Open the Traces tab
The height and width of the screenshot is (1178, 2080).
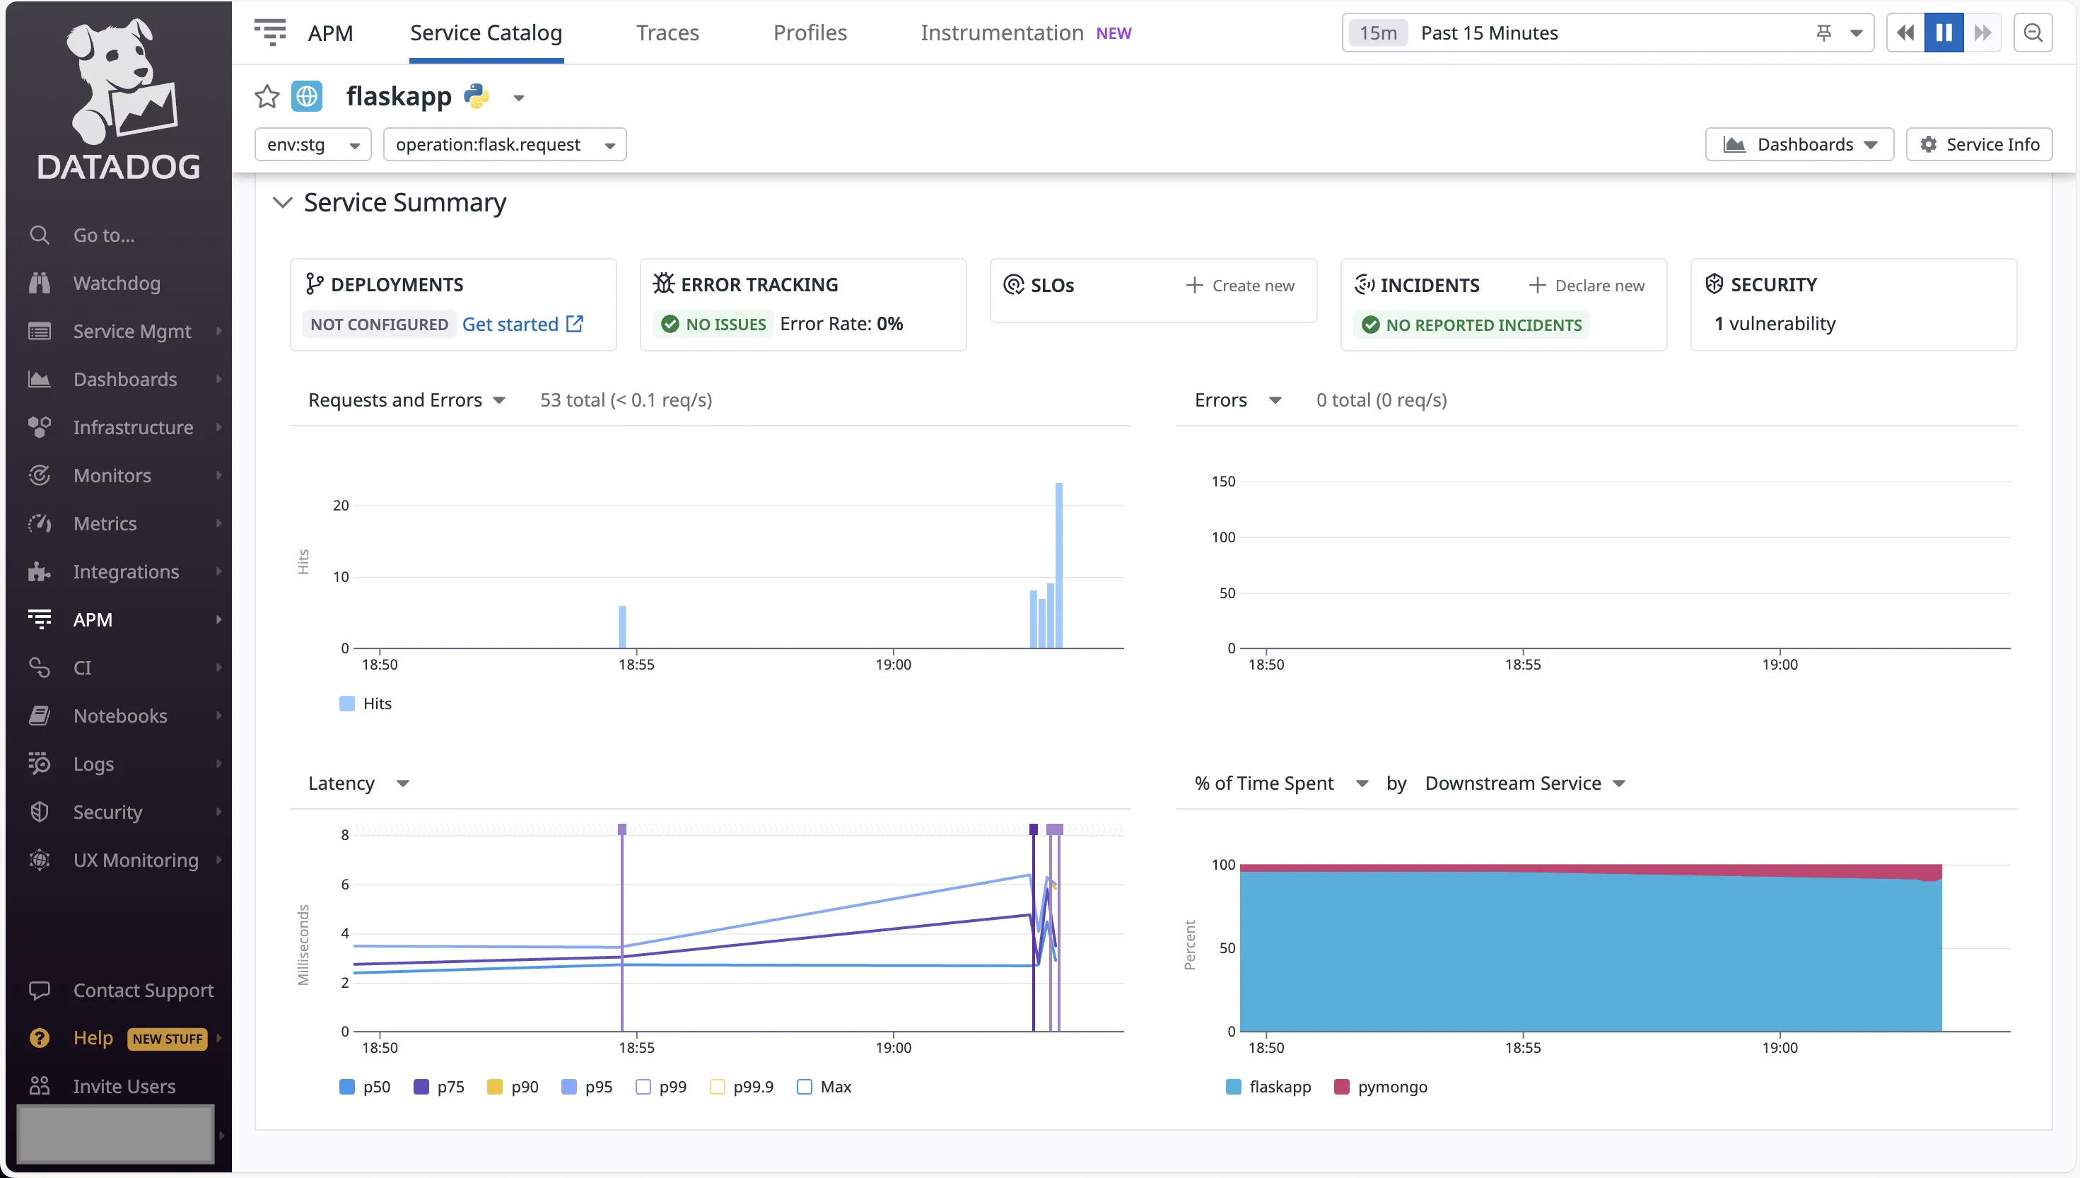pos(667,33)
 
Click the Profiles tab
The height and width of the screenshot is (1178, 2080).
pos(810,33)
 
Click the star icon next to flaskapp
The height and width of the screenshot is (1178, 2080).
pos(267,97)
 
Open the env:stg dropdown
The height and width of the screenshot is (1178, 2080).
pos(312,145)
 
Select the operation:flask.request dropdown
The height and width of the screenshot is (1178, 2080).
pos(504,145)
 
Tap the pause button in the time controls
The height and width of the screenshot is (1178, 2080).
pos(1944,33)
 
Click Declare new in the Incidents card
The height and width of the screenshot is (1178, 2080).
pos(1587,286)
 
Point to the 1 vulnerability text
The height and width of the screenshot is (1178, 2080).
pos(1775,324)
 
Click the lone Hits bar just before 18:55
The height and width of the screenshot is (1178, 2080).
pos(622,627)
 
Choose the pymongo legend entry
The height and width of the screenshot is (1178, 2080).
pos(1381,1087)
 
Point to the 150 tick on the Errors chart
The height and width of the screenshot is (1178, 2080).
pos(1223,482)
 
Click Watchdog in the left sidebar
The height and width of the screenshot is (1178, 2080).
pos(117,283)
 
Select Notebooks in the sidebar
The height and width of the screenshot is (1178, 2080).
pos(119,716)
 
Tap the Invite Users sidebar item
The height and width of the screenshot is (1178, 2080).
pos(124,1087)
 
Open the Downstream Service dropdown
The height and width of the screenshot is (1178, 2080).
pos(1524,783)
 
